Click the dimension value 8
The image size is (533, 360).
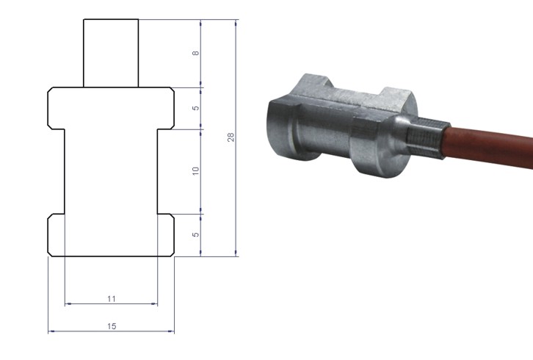pyautogui.click(x=195, y=54)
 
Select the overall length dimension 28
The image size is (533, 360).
pyautogui.click(x=231, y=137)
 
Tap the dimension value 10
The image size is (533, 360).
pyautogui.click(x=195, y=170)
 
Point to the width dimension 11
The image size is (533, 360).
pyautogui.click(x=111, y=298)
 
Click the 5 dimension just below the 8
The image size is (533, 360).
pyautogui.click(x=195, y=108)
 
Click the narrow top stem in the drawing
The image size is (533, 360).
pyautogui.click(x=111, y=53)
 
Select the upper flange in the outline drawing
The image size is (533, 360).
pyautogui.click(x=111, y=108)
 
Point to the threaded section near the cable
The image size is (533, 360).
pyautogui.click(x=424, y=137)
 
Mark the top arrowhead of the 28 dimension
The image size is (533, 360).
pyautogui.click(x=236, y=22)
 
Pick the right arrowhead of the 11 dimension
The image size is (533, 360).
pyautogui.click(x=155, y=303)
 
